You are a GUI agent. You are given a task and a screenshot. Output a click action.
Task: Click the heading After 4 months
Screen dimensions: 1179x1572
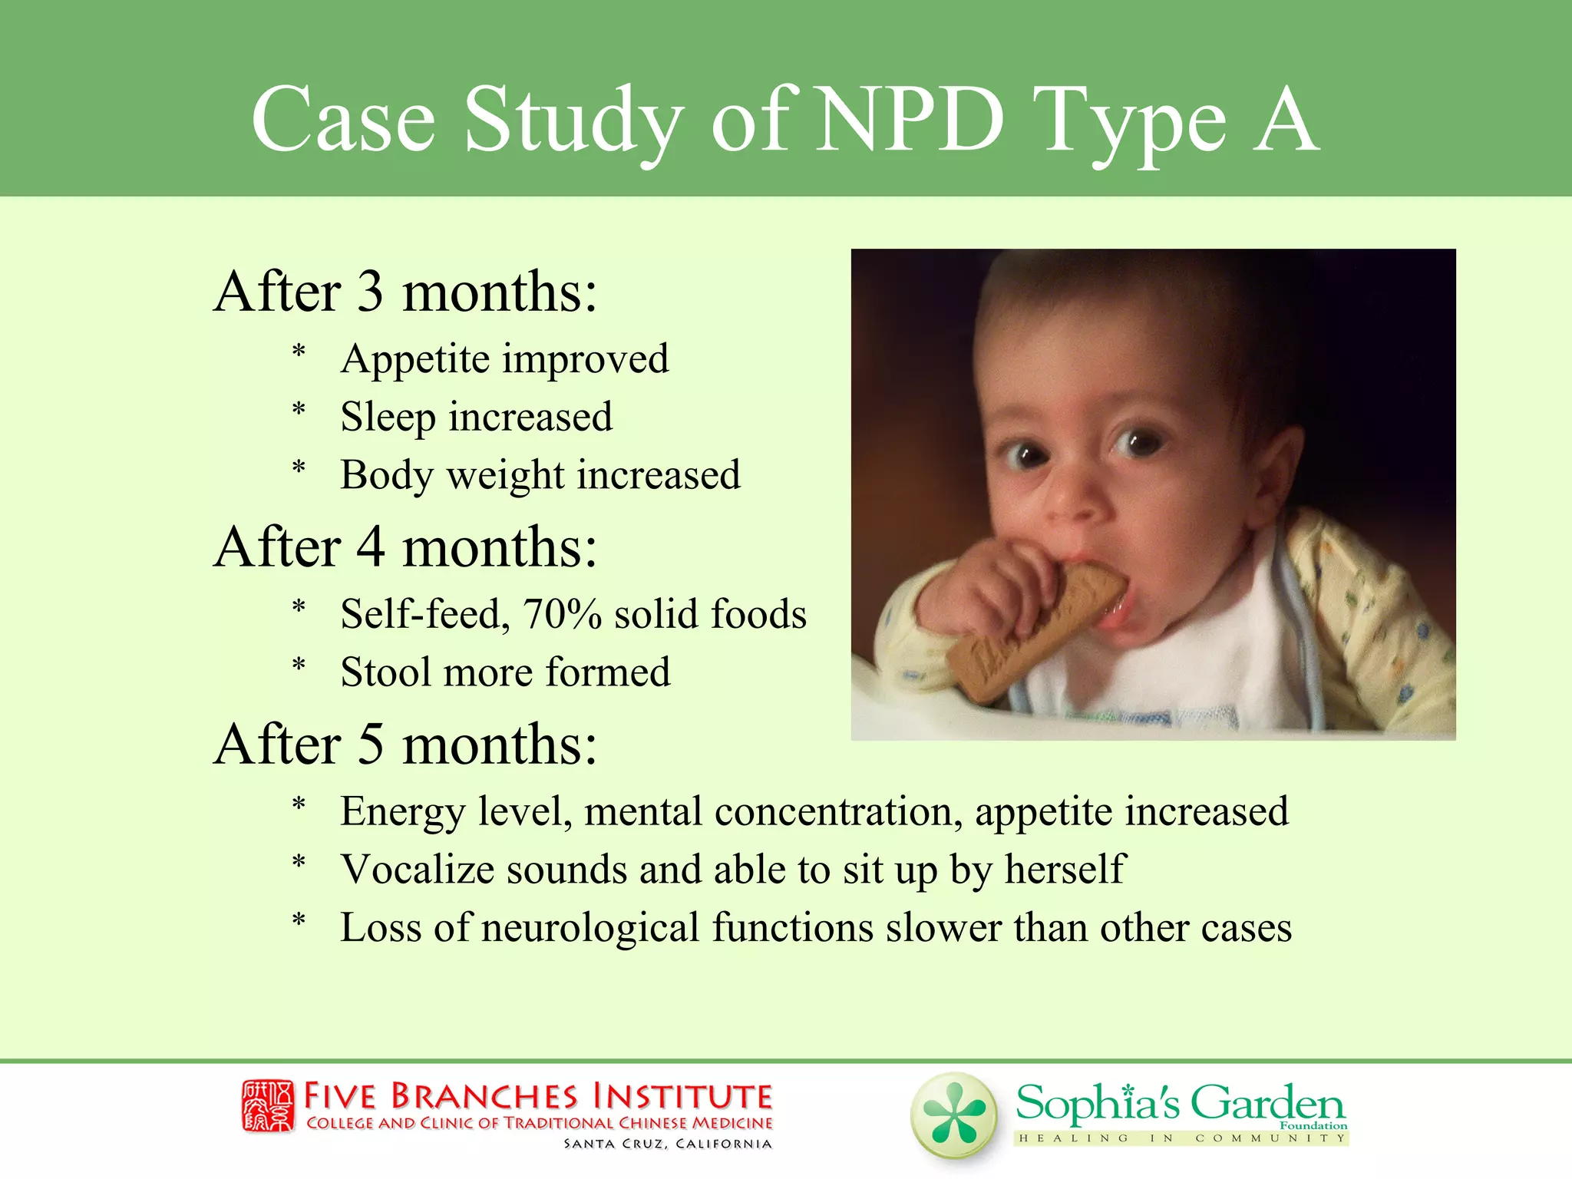tap(405, 548)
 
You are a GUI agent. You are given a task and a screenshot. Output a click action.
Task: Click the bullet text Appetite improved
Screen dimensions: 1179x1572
tap(504, 359)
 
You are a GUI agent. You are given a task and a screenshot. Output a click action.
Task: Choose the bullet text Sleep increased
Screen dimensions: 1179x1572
tap(476, 418)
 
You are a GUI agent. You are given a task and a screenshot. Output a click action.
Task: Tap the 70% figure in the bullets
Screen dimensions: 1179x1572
tap(562, 614)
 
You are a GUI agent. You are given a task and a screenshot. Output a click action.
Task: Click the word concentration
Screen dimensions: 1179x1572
tap(838, 811)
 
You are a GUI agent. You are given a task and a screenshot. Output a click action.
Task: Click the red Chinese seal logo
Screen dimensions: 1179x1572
tap(268, 1106)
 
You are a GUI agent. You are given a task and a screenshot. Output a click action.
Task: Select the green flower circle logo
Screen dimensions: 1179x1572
tap(954, 1115)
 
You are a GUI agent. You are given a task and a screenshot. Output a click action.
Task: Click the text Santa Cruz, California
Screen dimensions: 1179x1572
tap(668, 1144)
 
